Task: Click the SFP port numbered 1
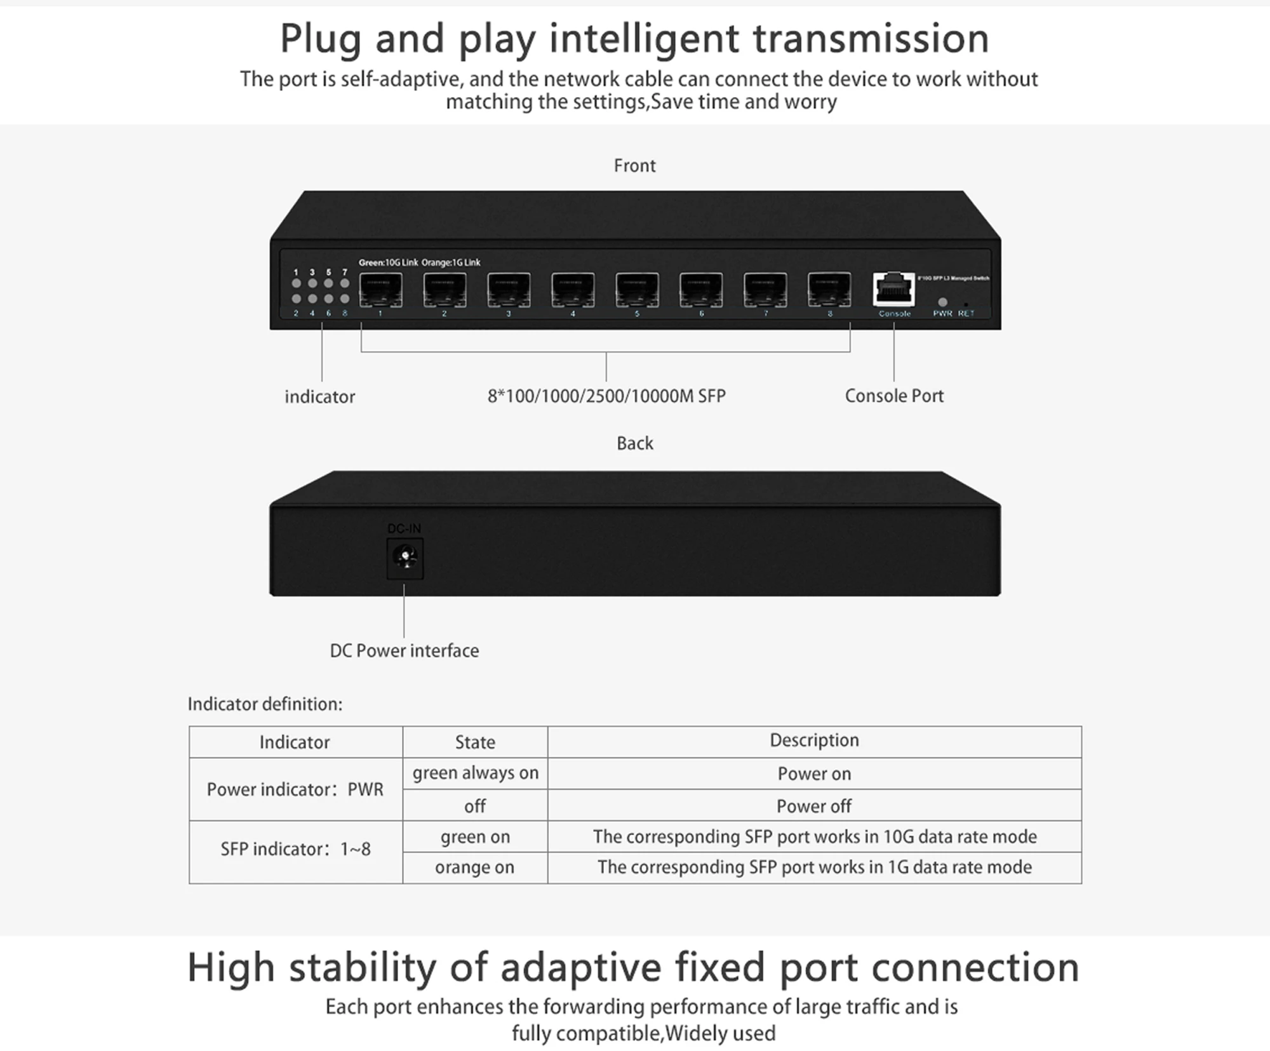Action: [x=381, y=290]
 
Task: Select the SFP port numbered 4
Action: [x=573, y=290]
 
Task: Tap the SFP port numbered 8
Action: [x=829, y=290]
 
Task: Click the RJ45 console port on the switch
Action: [x=894, y=290]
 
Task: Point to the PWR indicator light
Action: [x=942, y=302]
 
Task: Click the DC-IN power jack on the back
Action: [x=404, y=558]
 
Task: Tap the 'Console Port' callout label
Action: [x=894, y=396]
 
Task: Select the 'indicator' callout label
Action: [x=319, y=397]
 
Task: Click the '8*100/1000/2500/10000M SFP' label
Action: [x=606, y=396]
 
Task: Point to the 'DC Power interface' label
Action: [x=404, y=651]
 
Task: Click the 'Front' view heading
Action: [x=634, y=166]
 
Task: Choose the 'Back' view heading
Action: [x=634, y=443]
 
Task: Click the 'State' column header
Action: [x=475, y=742]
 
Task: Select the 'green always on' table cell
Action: [x=475, y=773]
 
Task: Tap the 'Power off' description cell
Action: [x=814, y=806]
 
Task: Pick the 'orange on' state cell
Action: [x=475, y=867]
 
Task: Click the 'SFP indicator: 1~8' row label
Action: [x=295, y=849]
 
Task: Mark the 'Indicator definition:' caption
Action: [x=265, y=704]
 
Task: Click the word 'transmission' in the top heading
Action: [x=871, y=38]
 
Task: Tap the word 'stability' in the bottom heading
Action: [x=363, y=967]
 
